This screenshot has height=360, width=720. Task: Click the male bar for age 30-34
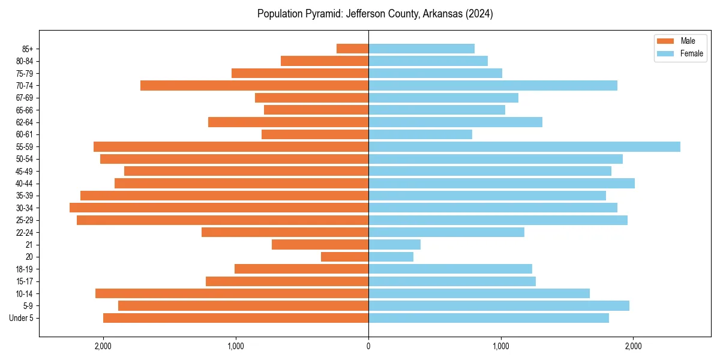point(219,208)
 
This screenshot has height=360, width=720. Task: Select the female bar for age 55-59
point(524,146)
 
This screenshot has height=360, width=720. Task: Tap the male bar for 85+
point(352,49)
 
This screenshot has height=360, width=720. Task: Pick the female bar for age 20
point(391,257)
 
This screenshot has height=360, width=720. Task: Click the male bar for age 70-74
point(254,85)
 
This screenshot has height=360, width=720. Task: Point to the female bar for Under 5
point(488,318)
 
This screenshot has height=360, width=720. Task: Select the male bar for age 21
point(320,244)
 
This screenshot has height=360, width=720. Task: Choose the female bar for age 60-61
point(420,134)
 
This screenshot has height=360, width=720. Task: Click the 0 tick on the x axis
point(368,346)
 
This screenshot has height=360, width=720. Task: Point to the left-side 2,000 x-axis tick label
point(103,346)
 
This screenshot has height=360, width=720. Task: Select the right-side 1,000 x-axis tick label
point(501,346)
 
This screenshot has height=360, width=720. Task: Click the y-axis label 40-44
point(25,184)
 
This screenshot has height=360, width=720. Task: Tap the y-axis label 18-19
point(25,269)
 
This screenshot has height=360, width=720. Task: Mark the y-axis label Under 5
point(22,318)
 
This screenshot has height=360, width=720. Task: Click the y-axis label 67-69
point(25,98)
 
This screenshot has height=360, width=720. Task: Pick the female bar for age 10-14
point(479,293)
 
